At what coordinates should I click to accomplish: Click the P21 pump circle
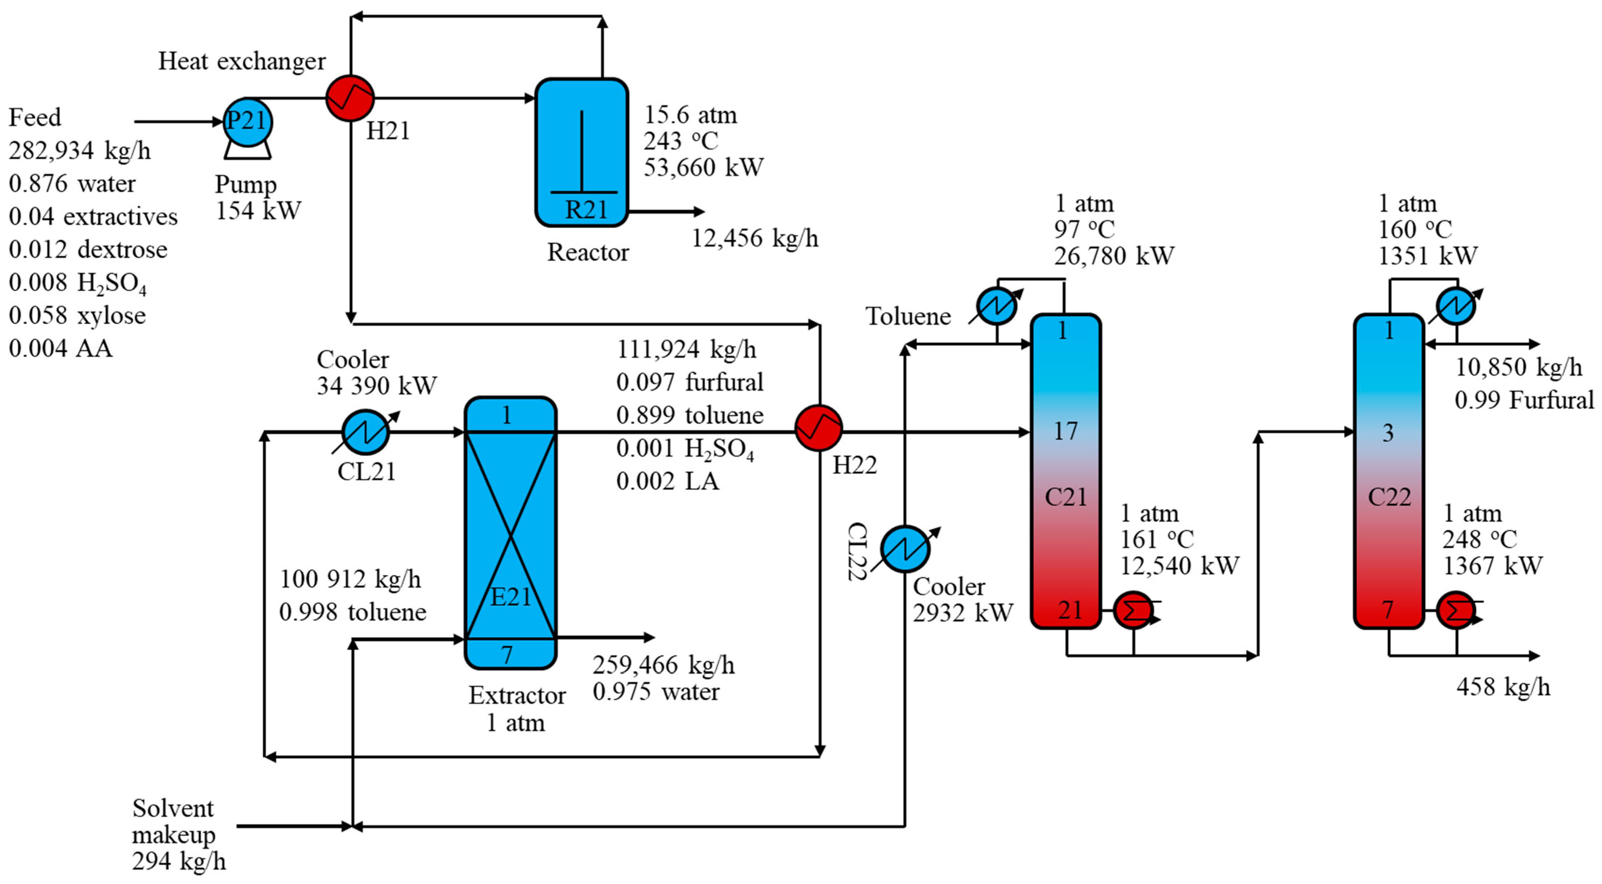[x=247, y=122]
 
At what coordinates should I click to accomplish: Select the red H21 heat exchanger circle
[x=350, y=98]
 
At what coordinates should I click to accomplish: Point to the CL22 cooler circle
[x=905, y=549]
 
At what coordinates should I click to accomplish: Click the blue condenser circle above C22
[x=1456, y=305]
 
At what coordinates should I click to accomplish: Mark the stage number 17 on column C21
[x=1065, y=431]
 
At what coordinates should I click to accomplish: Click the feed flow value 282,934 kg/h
[x=80, y=151]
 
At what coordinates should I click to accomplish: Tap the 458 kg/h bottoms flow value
[x=1502, y=687]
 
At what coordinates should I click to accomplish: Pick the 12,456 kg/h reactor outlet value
[x=755, y=238]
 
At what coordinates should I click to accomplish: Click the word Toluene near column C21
[x=908, y=317]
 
